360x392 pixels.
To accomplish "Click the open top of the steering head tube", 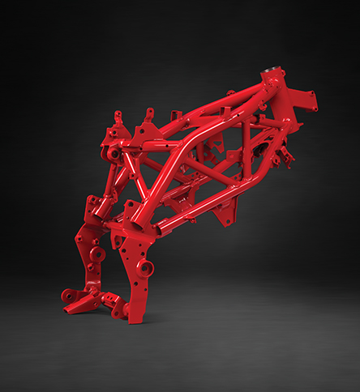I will point(272,75).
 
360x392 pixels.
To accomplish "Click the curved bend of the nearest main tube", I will point(195,141).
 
